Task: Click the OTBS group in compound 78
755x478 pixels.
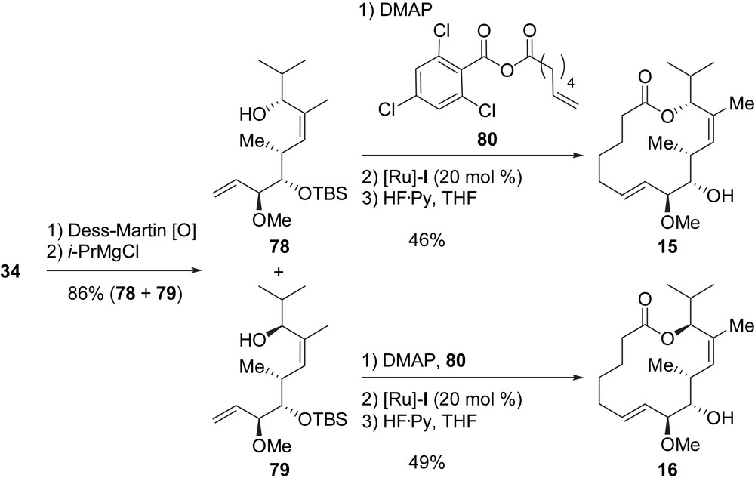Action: (x=324, y=196)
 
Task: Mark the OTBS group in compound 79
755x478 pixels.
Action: (x=324, y=419)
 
